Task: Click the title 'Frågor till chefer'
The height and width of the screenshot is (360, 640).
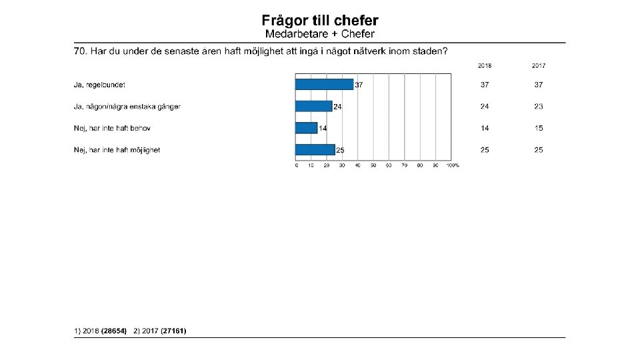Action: (320, 21)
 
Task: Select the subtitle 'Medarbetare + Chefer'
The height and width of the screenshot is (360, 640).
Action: (320, 34)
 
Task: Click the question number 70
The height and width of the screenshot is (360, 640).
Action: (80, 51)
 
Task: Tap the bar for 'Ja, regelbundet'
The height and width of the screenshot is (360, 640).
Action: (325, 85)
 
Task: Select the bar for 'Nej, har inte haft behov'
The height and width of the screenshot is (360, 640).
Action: (307, 128)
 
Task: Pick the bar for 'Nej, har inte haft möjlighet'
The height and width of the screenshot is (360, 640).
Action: (315, 150)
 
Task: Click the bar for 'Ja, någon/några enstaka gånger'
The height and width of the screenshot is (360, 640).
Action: (314, 107)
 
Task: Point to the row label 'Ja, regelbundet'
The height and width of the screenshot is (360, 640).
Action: (99, 85)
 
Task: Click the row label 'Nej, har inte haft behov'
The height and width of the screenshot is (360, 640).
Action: (112, 128)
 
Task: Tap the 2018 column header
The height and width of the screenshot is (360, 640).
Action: (485, 66)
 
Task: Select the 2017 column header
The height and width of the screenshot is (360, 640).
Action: (539, 66)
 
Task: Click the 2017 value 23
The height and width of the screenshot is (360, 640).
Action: (539, 107)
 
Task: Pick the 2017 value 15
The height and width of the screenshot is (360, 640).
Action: (539, 128)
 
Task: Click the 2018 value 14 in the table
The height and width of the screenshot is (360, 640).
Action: (485, 128)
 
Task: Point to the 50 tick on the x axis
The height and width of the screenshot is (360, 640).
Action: (373, 165)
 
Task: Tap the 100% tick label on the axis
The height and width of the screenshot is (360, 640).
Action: (453, 165)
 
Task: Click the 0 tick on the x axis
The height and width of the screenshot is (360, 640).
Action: (297, 165)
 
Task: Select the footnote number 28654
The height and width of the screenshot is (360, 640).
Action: (114, 331)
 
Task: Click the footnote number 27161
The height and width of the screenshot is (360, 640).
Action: (173, 331)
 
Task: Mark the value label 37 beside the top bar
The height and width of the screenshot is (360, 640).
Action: (359, 85)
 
